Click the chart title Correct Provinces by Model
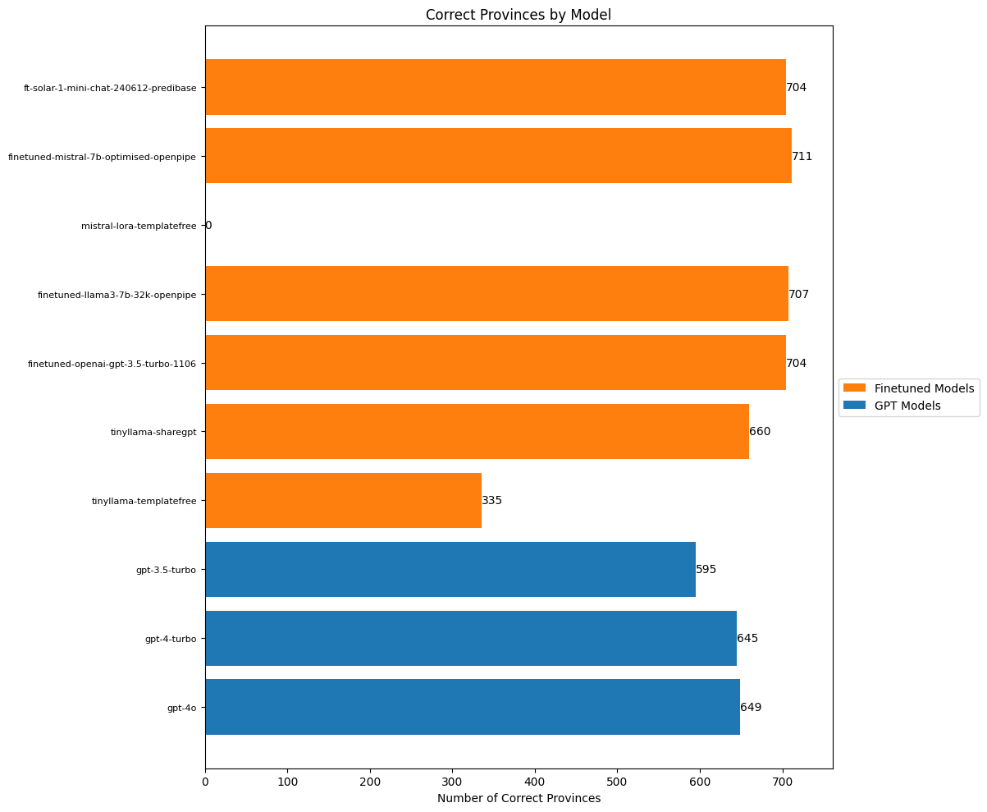(x=518, y=15)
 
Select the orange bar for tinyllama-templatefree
(x=343, y=500)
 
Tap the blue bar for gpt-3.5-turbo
(x=450, y=569)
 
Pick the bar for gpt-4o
(x=472, y=707)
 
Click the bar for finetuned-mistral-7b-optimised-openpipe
(x=498, y=156)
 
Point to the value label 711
(x=802, y=156)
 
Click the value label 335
(x=492, y=500)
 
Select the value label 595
(x=706, y=569)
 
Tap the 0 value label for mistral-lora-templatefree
(x=208, y=225)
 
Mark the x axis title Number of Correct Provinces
(x=519, y=798)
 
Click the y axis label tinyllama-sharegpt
(x=153, y=432)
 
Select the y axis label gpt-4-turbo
(x=171, y=639)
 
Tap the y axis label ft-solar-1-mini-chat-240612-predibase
(x=110, y=87)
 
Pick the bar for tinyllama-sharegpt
(x=477, y=431)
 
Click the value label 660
(x=760, y=431)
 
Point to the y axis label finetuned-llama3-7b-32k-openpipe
(x=117, y=294)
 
